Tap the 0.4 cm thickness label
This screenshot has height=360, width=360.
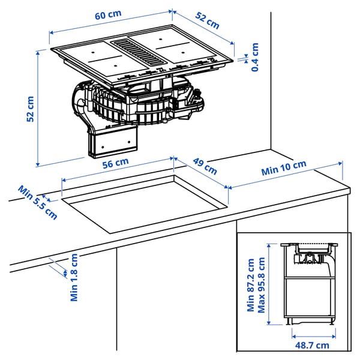click(x=255, y=58)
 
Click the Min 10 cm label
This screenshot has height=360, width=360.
click(x=284, y=168)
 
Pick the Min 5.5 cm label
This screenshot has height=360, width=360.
click(x=37, y=202)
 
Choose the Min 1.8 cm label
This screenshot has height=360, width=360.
click(x=74, y=277)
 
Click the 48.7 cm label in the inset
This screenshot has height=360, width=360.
click(x=311, y=345)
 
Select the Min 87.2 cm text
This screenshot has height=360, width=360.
click(x=250, y=286)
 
